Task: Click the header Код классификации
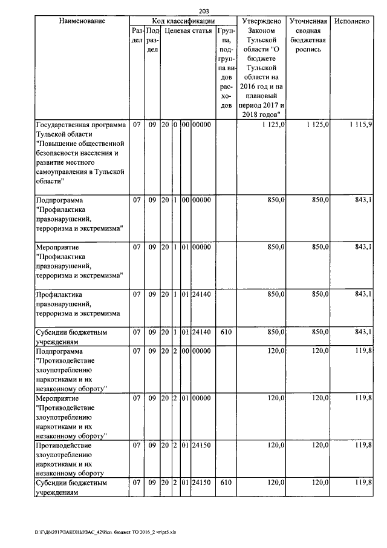pos(183,21)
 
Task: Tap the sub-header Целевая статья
pos(188,30)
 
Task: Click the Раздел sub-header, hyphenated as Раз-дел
pos(137,35)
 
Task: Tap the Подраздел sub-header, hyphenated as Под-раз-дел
pos(152,39)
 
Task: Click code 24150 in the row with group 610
pos(201,483)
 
